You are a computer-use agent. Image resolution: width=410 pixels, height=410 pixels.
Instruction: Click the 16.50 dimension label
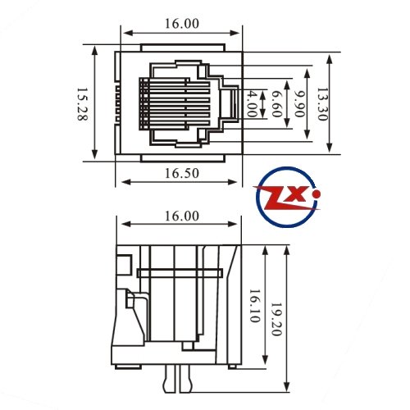(x=182, y=173)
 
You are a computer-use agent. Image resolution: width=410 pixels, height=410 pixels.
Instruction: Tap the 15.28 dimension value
(x=82, y=104)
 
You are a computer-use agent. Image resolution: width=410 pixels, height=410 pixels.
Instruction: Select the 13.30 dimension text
(x=322, y=104)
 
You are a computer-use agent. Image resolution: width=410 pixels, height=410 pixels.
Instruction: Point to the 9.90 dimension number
(x=299, y=103)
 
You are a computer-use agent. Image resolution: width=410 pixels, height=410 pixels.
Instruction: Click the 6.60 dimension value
(x=276, y=103)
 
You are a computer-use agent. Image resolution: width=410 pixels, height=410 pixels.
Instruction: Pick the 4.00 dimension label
(x=252, y=103)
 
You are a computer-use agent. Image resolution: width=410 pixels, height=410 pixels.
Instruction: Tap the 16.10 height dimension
(x=254, y=306)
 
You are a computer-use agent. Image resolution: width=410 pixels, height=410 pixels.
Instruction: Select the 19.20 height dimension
(x=276, y=319)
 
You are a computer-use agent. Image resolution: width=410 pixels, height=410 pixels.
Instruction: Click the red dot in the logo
(x=317, y=194)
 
